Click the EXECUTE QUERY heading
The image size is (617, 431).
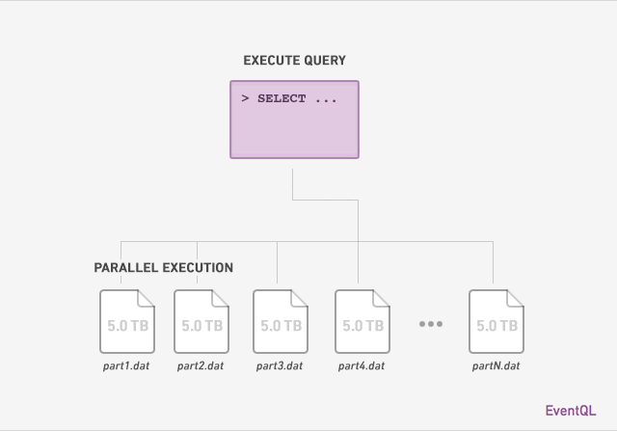[294, 60]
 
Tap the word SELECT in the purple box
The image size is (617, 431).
[282, 98]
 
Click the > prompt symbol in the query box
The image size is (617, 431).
[245, 98]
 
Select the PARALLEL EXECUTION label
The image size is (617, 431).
[163, 268]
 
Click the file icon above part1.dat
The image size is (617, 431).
[127, 322]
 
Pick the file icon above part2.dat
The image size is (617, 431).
[201, 322]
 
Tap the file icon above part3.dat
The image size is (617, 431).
[281, 322]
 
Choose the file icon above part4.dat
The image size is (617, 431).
[362, 322]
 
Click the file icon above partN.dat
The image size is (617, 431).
[496, 322]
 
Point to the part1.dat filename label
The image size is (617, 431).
[126, 366]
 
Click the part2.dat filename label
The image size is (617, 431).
[201, 366]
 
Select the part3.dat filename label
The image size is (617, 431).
[280, 366]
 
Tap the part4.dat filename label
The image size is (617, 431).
[362, 366]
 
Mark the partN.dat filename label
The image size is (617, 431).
[496, 366]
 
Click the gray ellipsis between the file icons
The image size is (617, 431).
[431, 324]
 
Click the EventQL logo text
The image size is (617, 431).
[571, 411]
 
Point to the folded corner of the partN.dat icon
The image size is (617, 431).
[516, 298]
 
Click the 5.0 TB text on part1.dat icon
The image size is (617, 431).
[128, 326]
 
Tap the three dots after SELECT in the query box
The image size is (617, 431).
[326, 101]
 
